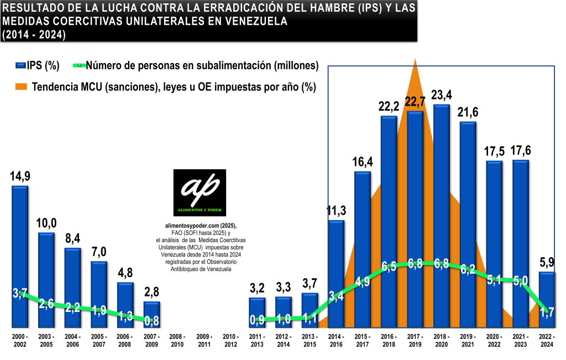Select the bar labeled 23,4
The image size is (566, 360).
click(x=442, y=216)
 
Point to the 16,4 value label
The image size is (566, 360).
click(x=362, y=163)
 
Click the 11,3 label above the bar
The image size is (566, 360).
click(x=336, y=211)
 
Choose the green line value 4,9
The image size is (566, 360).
click(x=362, y=281)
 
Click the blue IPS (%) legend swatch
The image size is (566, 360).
click(x=20, y=65)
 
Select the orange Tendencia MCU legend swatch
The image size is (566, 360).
click(x=20, y=87)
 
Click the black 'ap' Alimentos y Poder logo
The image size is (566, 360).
click(x=200, y=193)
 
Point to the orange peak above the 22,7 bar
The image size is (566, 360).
click(x=415, y=62)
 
